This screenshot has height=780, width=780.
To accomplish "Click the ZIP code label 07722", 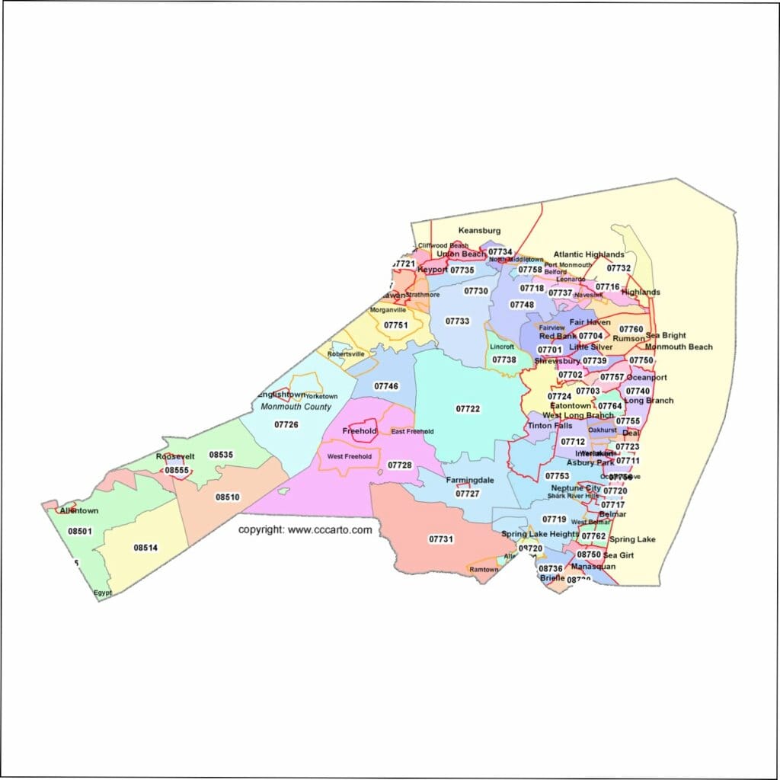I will click(x=468, y=409).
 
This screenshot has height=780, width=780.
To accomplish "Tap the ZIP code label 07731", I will click(x=441, y=539).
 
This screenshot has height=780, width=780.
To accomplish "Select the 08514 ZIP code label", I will click(x=145, y=547).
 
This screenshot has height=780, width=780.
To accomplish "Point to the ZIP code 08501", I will click(x=79, y=531).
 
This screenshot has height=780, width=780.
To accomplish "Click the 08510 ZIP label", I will click(x=227, y=497).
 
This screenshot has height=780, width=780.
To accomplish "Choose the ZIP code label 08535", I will click(x=221, y=455).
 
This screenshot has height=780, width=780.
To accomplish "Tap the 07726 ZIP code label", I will click(x=286, y=424).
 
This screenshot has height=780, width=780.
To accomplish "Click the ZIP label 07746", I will click(x=386, y=386).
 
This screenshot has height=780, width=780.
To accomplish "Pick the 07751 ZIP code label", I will click(x=396, y=325).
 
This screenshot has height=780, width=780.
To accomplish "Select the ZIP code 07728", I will click(x=399, y=465).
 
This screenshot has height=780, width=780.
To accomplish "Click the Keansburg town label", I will click(x=479, y=230).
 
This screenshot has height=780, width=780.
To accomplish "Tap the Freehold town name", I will click(x=360, y=431).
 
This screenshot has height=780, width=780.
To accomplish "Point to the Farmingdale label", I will click(x=470, y=481).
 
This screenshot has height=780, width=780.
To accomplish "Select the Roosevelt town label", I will click(x=175, y=456).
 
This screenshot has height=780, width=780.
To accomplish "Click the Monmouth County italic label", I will click(x=296, y=407).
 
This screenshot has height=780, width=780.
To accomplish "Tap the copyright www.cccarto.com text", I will click(x=305, y=529).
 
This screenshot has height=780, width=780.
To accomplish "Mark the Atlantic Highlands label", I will click(x=589, y=254).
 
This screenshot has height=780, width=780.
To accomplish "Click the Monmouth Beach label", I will click(x=679, y=347).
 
